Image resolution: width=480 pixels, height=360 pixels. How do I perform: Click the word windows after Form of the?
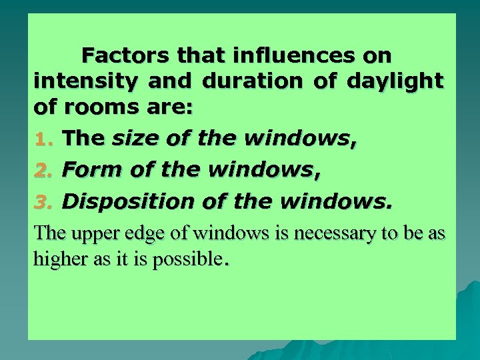pyautogui.click(x=261, y=170)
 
